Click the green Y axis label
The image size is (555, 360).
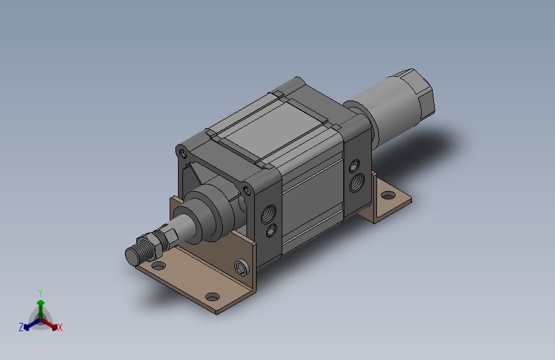(40, 293)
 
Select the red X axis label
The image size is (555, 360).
(60, 327)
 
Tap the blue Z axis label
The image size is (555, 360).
(21, 327)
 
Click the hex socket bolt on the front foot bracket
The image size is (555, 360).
(241, 268)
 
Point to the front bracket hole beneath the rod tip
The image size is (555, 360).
(158, 265)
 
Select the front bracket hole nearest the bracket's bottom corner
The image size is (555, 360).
(212, 297)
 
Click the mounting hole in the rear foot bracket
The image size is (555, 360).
(389, 195)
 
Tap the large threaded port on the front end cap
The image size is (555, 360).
(269, 214)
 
